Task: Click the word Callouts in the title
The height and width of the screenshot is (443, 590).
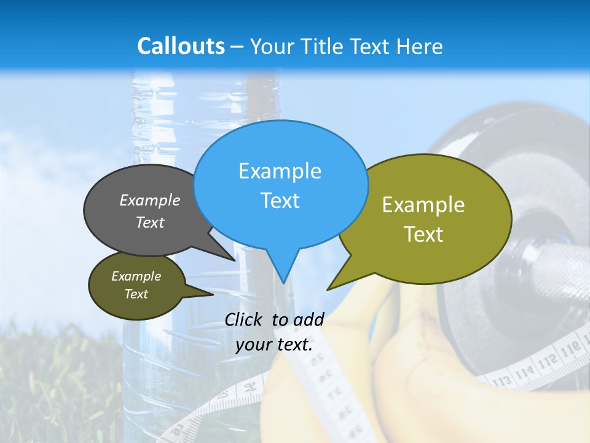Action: click(x=181, y=46)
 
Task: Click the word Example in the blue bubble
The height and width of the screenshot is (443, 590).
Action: click(x=280, y=171)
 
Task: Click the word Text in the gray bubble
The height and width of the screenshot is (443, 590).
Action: click(x=150, y=223)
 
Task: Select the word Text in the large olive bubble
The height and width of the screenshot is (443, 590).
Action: click(x=423, y=234)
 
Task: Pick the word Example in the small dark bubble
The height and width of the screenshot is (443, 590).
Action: click(x=136, y=276)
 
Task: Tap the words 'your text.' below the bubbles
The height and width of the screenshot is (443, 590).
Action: click(x=274, y=345)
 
